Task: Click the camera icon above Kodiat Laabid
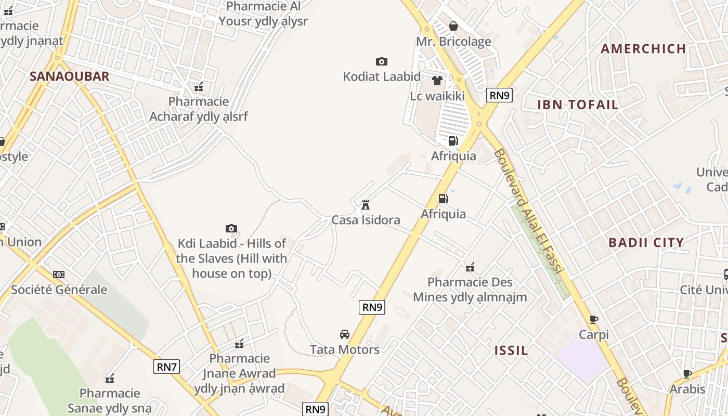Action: click(x=381, y=62)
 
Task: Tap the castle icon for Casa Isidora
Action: click(x=366, y=205)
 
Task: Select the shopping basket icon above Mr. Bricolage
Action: click(x=453, y=26)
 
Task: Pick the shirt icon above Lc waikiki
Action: click(x=437, y=81)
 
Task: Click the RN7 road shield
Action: click(x=167, y=367)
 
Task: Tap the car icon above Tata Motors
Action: click(x=344, y=334)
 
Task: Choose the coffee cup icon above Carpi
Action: click(x=594, y=319)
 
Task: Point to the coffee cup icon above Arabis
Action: click(x=687, y=374)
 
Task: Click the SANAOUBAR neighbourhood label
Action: click(x=69, y=76)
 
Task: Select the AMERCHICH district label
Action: click(x=643, y=49)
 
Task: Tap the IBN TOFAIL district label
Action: click(x=578, y=105)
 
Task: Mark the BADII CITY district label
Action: click(x=646, y=242)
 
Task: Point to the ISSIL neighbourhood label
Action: click(x=511, y=350)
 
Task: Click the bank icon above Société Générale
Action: click(x=59, y=274)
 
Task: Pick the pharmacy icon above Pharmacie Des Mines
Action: click(x=470, y=267)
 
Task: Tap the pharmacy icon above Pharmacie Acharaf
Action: click(x=198, y=86)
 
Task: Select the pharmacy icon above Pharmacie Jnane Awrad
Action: click(x=239, y=343)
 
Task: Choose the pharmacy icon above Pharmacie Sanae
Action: click(x=110, y=378)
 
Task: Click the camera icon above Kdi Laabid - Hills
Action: click(x=231, y=228)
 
